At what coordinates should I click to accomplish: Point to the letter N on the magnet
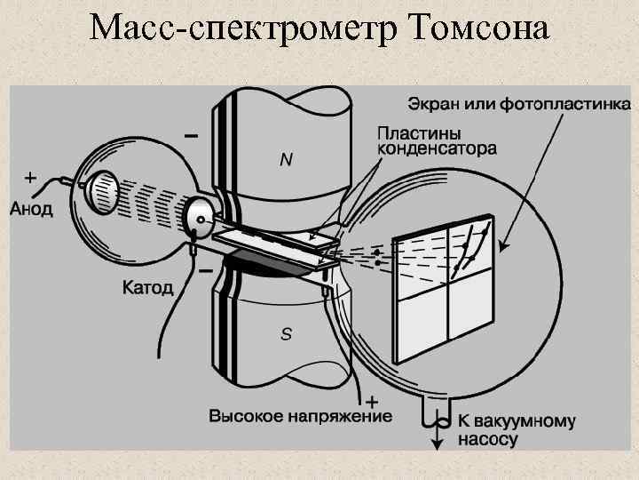286,159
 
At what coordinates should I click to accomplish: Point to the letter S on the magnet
286,334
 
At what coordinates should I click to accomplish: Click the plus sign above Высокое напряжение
372,399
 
